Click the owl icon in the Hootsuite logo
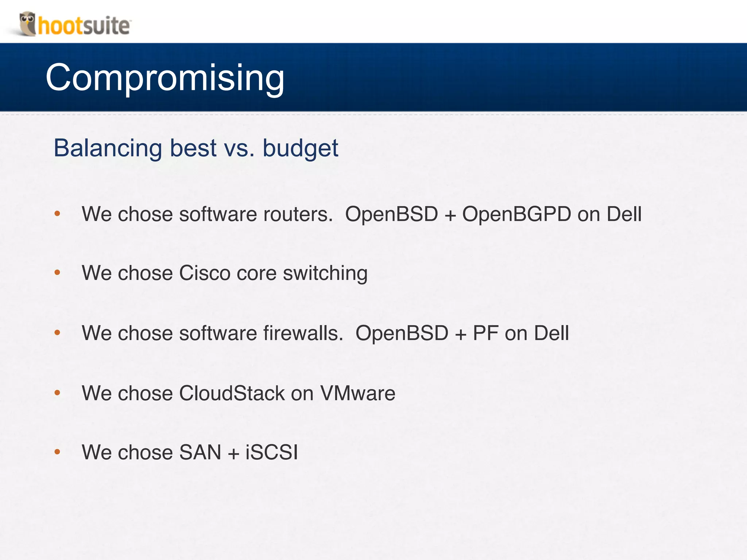coord(28,23)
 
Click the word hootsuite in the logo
coord(84,26)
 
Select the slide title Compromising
coord(165,78)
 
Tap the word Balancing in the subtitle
coord(108,148)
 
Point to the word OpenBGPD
coord(516,214)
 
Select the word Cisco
coord(205,273)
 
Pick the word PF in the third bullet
coord(485,333)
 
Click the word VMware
coord(357,393)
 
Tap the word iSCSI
coord(272,452)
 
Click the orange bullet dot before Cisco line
coord(57,272)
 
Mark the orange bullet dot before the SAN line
coord(57,452)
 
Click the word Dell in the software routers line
coord(624,214)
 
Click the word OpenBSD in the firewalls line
coord(402,333)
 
